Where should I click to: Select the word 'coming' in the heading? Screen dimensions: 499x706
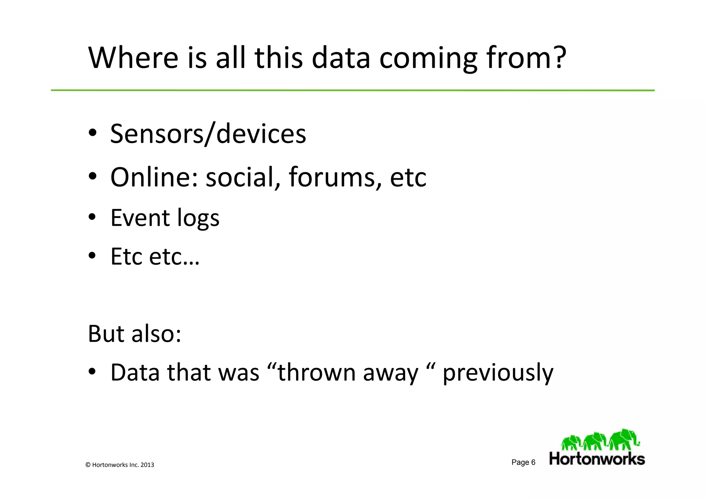click(428, 59)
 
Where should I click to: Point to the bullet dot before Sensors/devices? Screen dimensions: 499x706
click(92, 134)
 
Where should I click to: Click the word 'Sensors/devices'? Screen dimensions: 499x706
click(208, 134)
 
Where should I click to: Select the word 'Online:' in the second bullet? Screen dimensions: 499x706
click(154, 177)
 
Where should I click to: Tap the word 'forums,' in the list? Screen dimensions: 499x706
click(335, 177)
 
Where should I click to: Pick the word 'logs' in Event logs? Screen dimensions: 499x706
click(198, 218)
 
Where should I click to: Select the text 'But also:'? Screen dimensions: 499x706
click(134, 333)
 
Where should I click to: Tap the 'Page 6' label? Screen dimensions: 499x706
click(523, 462)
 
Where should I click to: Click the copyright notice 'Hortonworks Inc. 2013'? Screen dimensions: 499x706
click(123, 465)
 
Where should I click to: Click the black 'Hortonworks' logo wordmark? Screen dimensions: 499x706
click(597, 459)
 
